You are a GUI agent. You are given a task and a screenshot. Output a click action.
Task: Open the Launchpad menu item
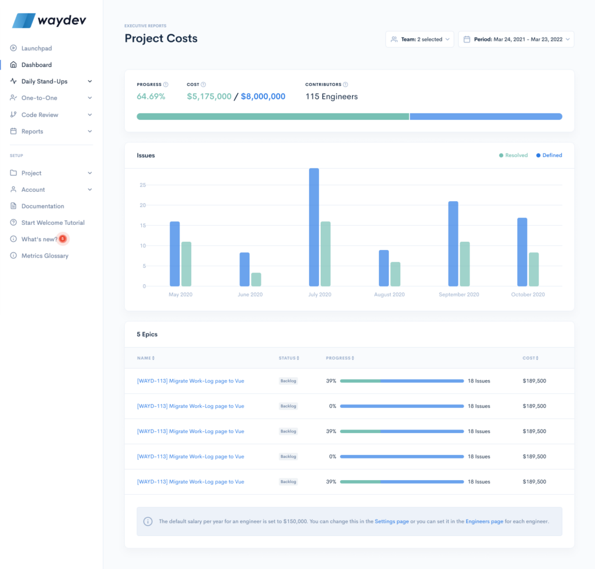coord(36,48)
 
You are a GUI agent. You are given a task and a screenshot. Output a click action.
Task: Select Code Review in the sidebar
coord(40,114)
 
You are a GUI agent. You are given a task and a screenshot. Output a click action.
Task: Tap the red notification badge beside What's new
coord(63,239)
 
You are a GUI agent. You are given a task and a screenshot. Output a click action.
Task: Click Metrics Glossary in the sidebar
coord(45,256)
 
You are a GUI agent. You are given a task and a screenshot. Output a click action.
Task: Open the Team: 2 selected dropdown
coord(420,40)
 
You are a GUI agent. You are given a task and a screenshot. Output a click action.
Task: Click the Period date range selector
coord(516,40)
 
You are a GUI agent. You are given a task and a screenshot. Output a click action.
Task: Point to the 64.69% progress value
coord(151,96)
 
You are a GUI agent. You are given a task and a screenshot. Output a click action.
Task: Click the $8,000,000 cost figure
coord(263,96)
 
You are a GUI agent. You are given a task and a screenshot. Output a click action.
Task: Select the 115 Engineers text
coord(331,96)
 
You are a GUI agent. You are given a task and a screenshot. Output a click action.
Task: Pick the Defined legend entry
coord(549,155)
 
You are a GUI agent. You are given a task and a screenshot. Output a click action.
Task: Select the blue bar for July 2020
coord(314,227)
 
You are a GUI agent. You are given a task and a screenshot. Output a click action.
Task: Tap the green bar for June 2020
coord(256,280)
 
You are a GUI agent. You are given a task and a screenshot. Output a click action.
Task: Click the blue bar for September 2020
coord(453,244)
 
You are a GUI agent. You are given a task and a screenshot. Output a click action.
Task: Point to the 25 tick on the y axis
coord(142,185)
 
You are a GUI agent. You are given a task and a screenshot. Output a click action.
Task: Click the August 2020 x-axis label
coord(389,295)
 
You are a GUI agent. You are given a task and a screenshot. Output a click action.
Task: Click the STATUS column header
coord(289,358)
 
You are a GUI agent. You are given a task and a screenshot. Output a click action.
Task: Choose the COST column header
coord(530,358)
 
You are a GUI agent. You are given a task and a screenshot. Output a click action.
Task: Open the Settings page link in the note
coord(392,521)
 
